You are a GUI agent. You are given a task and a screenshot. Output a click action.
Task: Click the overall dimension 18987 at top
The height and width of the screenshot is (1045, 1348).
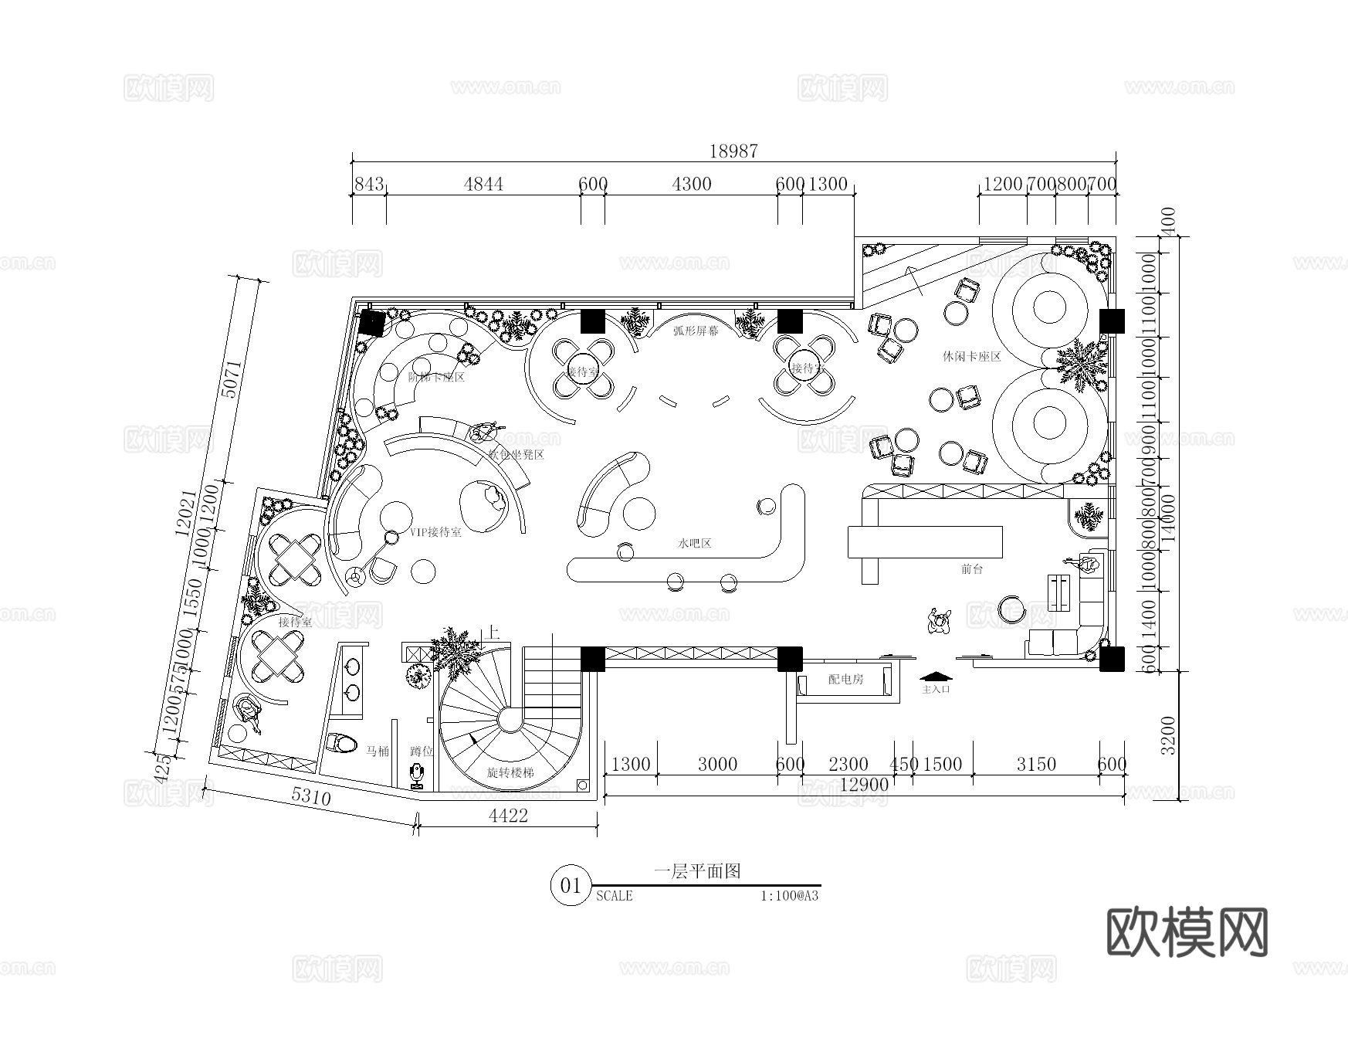pos(733,151)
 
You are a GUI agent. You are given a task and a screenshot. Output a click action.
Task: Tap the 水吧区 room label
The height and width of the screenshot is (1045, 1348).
pos(694,544)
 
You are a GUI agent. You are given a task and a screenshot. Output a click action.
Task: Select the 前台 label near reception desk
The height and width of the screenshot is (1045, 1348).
pos(972,569)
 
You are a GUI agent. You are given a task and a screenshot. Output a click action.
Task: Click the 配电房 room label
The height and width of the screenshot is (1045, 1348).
pos(845,680)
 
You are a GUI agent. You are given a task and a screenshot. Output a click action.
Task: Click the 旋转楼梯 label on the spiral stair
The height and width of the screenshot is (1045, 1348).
pos(510,772)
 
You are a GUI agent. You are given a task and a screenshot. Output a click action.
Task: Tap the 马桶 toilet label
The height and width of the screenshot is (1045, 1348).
pos(378,751)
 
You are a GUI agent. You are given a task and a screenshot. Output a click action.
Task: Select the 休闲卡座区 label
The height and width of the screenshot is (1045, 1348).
pos(971,357)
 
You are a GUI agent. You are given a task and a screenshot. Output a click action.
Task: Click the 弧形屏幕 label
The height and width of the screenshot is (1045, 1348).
pos(695,331)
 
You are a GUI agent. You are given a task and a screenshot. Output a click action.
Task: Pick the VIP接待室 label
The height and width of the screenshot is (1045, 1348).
pos(435,532)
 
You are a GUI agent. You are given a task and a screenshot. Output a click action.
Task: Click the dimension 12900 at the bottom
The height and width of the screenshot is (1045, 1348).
pos(864,784)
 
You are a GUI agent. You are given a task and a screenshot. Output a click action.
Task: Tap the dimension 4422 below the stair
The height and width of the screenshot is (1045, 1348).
pos(508,816)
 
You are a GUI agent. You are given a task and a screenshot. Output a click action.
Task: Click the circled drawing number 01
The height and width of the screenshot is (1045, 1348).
pos(571,885)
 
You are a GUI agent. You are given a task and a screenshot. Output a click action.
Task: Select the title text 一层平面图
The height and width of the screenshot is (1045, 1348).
pos(697,871)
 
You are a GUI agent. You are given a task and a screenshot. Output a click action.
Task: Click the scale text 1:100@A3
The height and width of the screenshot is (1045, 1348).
pos(788,896)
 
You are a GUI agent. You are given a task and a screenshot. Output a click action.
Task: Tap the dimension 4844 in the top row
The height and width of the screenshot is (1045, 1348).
pos(483,184)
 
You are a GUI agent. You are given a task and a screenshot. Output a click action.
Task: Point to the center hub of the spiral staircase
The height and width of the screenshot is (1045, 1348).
pos(509,720)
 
